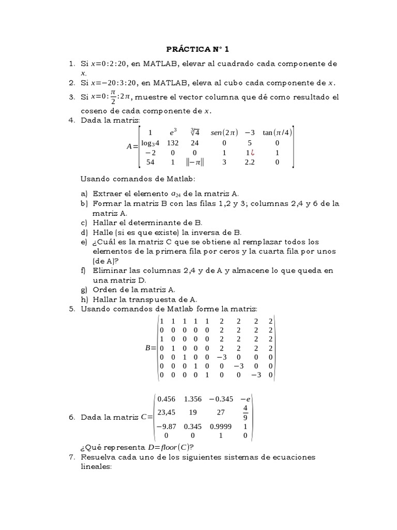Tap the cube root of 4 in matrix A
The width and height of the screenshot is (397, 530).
(x=195, y=132)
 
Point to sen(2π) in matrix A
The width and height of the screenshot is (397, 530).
(x=223, y=132)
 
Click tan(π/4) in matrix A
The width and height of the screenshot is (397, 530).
(x=277, y=132)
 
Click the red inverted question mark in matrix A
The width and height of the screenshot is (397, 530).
(x=252, y=153)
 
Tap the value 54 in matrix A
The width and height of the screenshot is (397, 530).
(x=150, y=163)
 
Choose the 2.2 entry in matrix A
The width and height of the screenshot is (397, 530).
(x=250, y=163)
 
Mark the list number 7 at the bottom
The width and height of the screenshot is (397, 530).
(x=72, y=458)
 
